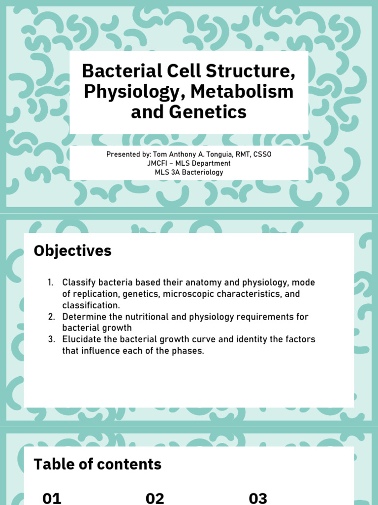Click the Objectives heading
tap(72, 251)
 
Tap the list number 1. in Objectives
tap(51, 283)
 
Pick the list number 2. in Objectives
tap(51, 317)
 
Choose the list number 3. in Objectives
tap(51, 339)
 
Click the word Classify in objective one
tap(77, 283)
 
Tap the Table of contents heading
tap(97, 464)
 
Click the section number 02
tap(155, 498)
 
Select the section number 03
tap(258, 498)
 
